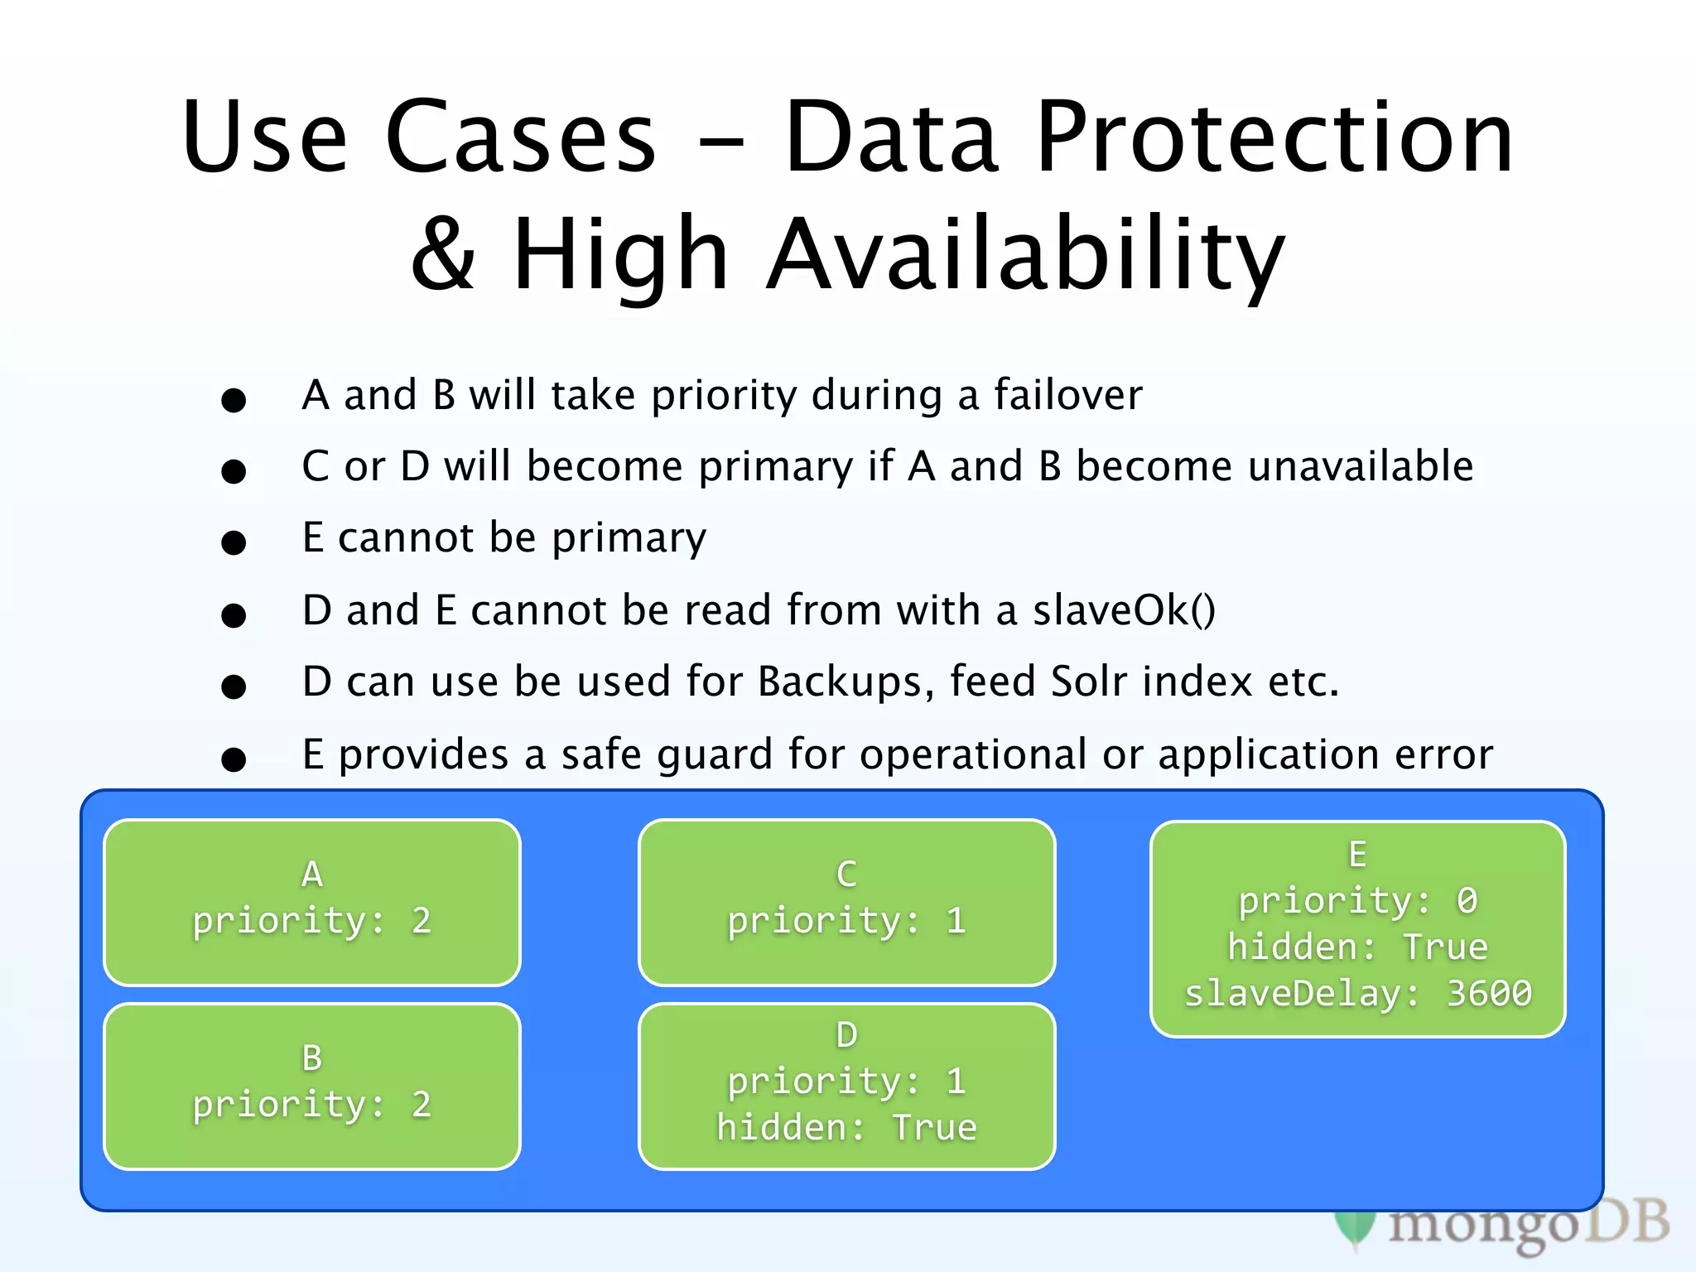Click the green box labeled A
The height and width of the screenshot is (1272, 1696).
pos(311,902)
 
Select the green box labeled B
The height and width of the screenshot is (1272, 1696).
pos(311,1086)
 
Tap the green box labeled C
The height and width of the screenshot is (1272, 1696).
pos(846,902)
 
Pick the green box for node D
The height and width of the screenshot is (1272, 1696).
pos(846,1086)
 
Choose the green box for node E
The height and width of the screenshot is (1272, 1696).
pos(1357,928)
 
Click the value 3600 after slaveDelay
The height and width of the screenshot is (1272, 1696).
pos(1488,993)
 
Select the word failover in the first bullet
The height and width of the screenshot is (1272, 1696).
pos(1067,395)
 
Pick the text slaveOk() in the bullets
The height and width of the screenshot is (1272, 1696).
pos(1124,610)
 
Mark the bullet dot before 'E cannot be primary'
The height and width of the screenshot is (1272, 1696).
pos(234,543)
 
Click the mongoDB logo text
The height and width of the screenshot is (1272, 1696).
pos(1528,1225)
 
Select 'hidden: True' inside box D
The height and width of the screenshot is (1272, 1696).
pos(846,1128)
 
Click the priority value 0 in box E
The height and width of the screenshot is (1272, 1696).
pos(1467,901)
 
